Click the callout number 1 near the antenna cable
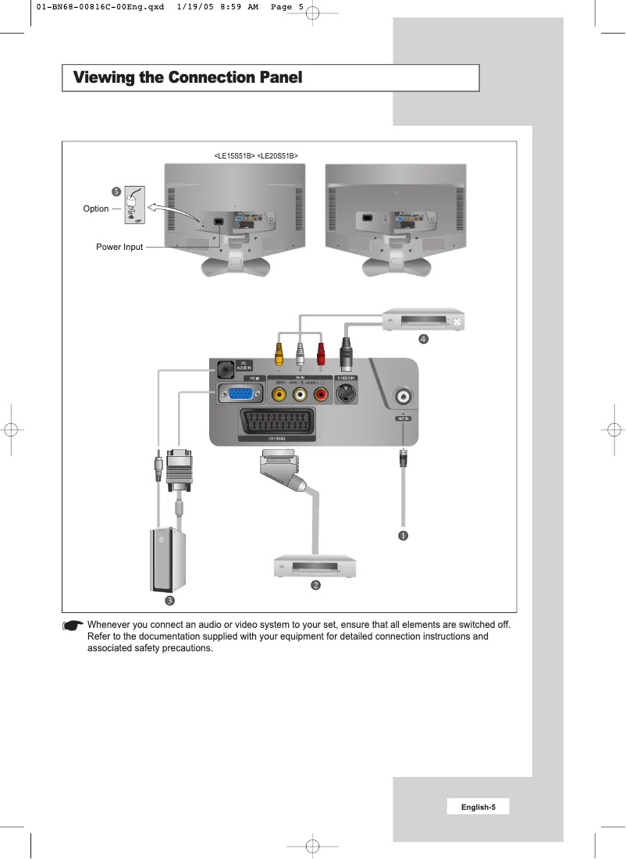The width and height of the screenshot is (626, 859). pos(404,536)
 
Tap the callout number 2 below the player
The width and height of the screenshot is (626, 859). pos(315,585)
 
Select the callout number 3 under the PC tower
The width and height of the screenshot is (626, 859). pos(169,601)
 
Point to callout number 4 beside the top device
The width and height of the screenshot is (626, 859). pos(423,339)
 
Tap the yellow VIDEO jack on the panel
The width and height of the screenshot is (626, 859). pos(279,394)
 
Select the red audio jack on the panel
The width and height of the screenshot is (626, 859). pos(321,394)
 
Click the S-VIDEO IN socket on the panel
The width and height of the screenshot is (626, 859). pos(346,394)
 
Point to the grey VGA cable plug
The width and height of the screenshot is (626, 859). pos(180,469)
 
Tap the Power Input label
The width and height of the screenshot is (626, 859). pos(119,247)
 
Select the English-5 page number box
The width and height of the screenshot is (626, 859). pos(478,807)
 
